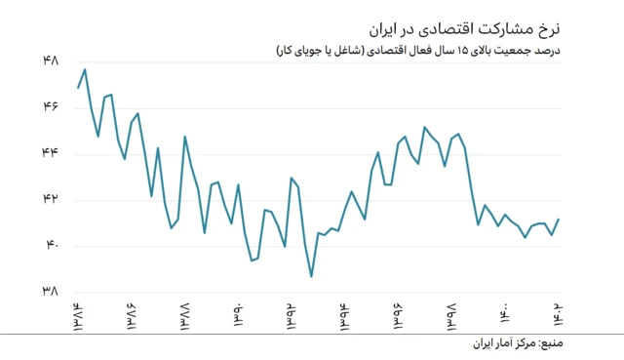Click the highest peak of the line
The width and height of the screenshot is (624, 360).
[x=85, y=69]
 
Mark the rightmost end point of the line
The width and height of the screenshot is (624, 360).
[x=559, y=220]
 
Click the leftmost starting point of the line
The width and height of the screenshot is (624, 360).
[x=78, y=89]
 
